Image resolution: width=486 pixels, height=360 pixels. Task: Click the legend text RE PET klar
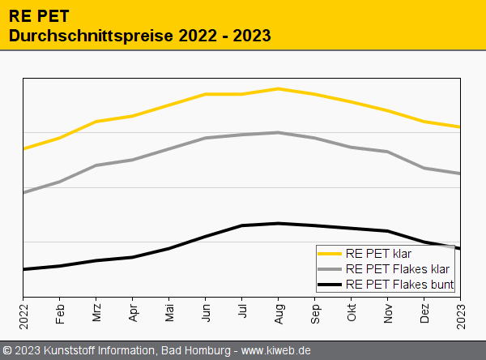(377, 254)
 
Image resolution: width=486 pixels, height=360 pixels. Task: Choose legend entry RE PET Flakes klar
(397, 269)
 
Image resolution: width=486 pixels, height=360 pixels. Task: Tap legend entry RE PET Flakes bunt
(399, 285)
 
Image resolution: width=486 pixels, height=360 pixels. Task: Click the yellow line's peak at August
(279, 88)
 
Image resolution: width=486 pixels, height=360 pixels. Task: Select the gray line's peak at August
(279, 132)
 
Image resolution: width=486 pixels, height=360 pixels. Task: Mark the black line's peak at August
(279, 223)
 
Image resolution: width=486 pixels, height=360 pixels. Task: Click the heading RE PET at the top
(39, 16)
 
